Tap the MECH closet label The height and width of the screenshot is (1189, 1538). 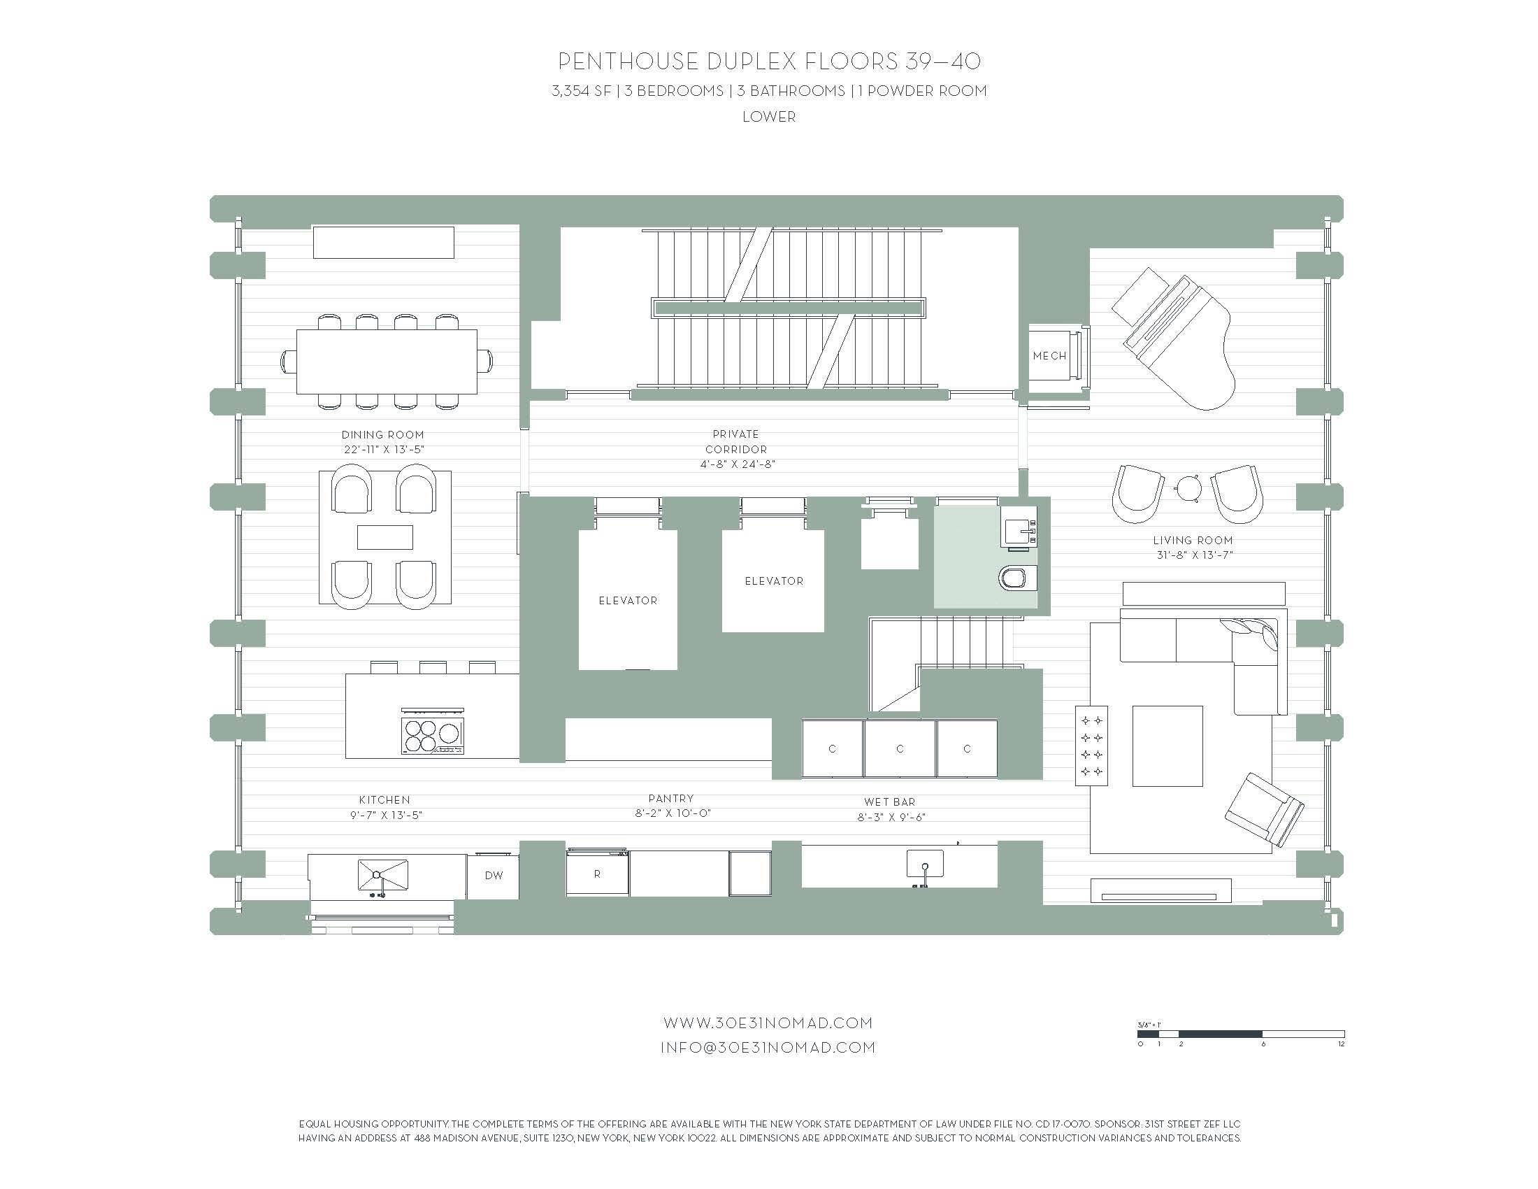pyautogui.click(x=1049, y=356)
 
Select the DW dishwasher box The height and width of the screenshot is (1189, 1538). pyautogui.click(x=494, y=876)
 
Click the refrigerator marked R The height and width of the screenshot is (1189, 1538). pyautogui.click(x=597, y=874)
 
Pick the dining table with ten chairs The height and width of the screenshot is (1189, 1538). pyautogui.click(x=387, y=362)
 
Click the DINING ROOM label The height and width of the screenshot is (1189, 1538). pyautogui.click(x=383, y=434)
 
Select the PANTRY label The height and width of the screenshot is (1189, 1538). pyautogui.click(x=671, y=798)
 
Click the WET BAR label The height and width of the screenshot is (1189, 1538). pyautogui.click(x=890, y=802)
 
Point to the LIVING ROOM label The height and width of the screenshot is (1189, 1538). pyautogui.click(x=1193, y=540)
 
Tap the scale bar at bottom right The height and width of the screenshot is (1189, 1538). pyautogui.click(x=1240, y=1034)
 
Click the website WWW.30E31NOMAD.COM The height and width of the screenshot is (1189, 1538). pyautogui.click(x=768, y=1022)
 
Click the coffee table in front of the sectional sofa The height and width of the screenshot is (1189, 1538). pyautogui.click(x=1167, y=746)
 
